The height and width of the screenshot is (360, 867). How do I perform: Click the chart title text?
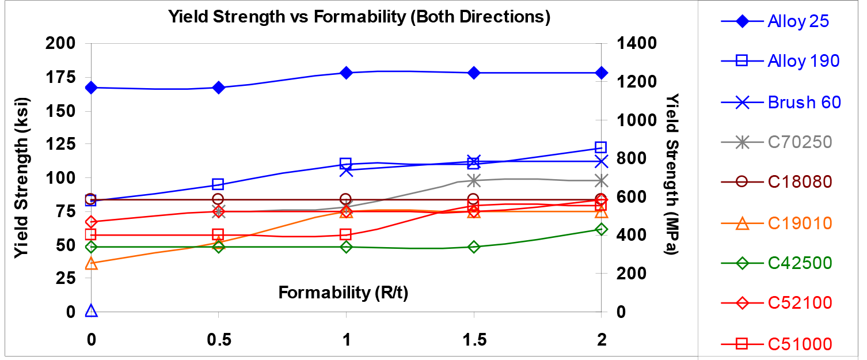pos(359,17)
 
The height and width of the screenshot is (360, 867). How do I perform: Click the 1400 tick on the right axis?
pos(634,43)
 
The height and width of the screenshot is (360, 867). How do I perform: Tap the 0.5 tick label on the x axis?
pos(218,340)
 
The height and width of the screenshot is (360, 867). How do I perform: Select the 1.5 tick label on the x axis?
pos(473,340)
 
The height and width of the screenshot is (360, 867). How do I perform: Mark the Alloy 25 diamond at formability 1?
pos(346,73)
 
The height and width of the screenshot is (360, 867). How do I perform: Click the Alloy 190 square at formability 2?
pos(601,147)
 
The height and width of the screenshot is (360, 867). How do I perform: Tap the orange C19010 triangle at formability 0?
pos(90,264)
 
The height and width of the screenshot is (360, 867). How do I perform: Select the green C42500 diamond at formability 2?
pos(601,229)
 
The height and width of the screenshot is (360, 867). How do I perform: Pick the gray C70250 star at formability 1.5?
pos(473,180)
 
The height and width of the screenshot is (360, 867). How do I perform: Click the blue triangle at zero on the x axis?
pos(90,312)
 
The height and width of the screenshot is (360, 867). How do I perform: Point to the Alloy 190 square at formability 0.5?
pos(218,184)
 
